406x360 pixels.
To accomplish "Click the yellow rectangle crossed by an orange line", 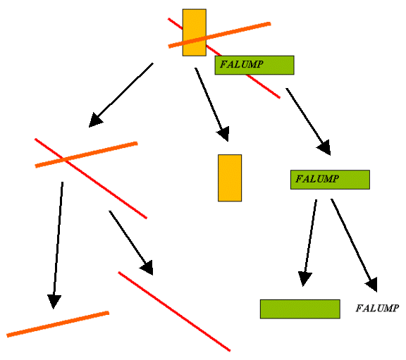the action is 195,32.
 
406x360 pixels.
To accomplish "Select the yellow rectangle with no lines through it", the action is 230,178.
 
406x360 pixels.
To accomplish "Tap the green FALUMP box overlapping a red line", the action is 254,66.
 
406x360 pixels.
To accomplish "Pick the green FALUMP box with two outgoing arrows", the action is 330,180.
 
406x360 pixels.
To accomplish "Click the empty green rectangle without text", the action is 300,309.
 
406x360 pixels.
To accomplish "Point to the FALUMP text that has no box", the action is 377,309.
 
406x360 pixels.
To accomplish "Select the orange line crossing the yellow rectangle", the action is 220,35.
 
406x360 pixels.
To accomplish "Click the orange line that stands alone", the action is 58,324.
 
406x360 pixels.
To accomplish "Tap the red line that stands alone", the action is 174,311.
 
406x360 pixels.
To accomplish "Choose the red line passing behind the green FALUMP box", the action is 224,58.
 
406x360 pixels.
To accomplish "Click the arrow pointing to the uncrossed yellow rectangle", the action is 211,104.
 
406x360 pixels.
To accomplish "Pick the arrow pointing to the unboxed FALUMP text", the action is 354,245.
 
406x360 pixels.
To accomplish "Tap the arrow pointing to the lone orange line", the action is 58,245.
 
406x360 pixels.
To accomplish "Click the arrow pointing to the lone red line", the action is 131,243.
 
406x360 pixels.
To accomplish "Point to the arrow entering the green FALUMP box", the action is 309,122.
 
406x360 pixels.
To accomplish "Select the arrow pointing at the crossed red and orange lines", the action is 121,95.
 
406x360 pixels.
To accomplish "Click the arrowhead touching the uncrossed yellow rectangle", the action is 223,133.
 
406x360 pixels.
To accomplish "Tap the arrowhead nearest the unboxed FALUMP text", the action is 372,284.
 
